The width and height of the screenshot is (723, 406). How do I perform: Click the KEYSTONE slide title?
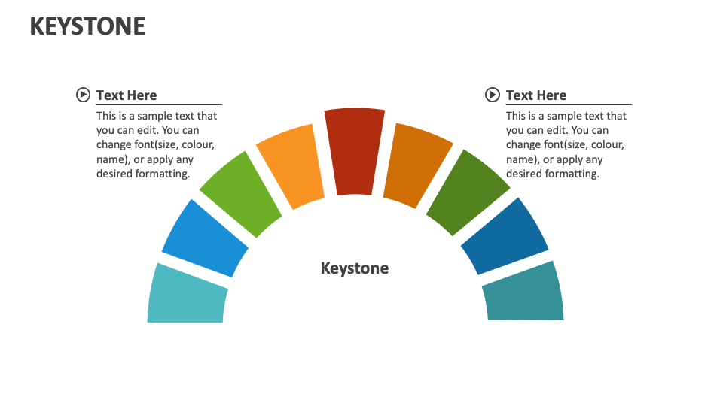tap(87, 26)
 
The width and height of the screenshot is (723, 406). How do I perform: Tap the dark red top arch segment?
tap(354, 150)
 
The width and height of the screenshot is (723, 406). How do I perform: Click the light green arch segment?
tap(240, 194)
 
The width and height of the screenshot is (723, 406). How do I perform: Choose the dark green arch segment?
tap(467, 192)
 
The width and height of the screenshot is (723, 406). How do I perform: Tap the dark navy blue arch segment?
tap(505, 236)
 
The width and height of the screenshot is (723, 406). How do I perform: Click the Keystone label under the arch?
tap(355, 268)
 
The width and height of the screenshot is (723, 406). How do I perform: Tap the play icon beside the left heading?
tap(83, 95)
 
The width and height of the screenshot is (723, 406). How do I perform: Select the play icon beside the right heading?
tap(493, 95)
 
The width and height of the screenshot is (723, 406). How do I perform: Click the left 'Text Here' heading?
tap(127, 95)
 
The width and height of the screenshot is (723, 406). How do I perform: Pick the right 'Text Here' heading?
tap(536, 95)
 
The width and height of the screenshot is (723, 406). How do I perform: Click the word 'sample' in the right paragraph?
tap(566, 116)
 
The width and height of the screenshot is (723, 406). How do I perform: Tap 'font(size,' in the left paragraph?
tap(163, 144)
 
